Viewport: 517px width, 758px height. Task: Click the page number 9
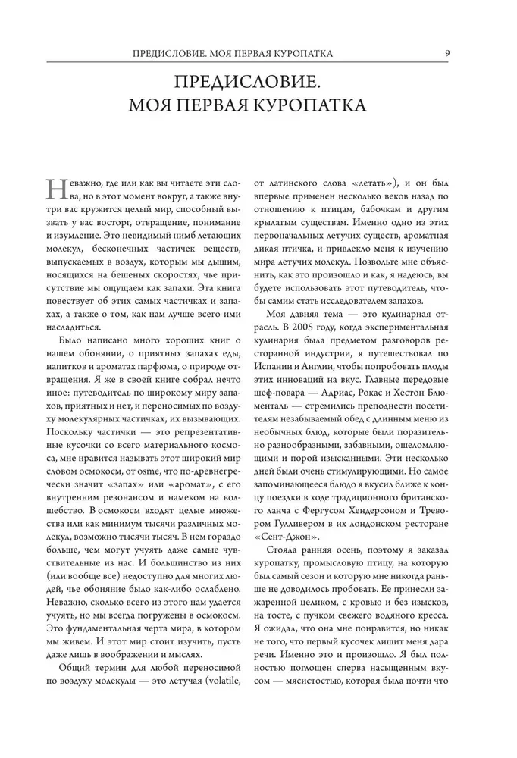(x=449, y=52)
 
